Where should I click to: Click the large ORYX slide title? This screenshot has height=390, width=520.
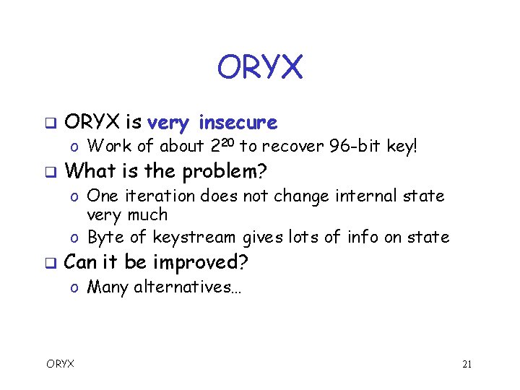tap(260, 67)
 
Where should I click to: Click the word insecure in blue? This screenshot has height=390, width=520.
tap(238, 122)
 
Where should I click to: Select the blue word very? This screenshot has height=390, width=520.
tap(171, 123)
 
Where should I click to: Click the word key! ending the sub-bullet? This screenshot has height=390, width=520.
tap(402, 147)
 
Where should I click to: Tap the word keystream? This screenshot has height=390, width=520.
tap(196, 237)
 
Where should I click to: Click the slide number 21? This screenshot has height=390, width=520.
tap(467, 364)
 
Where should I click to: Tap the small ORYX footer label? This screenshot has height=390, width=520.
tap(60, 364)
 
